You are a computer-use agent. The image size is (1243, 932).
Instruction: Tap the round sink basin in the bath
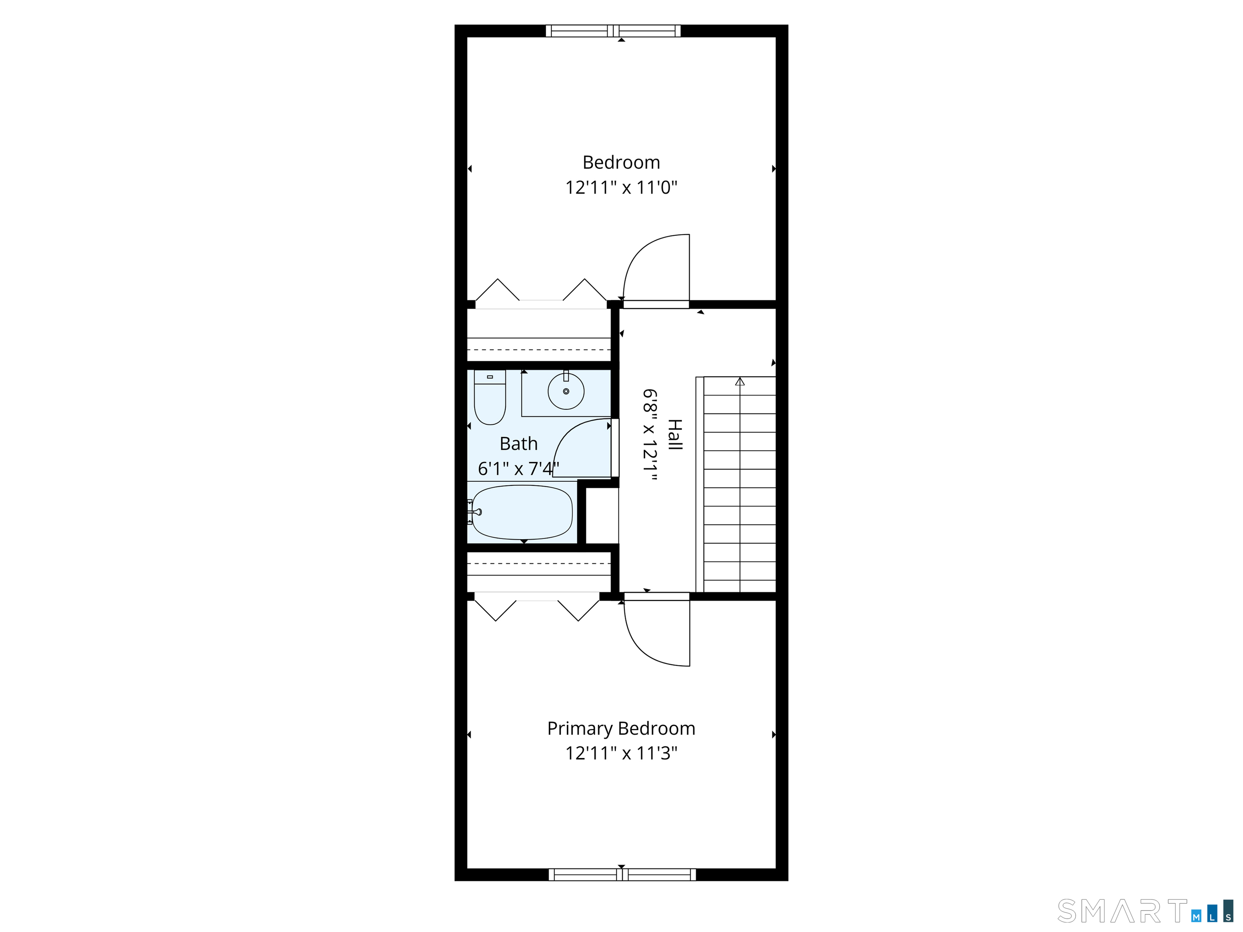click(x=566, y=391)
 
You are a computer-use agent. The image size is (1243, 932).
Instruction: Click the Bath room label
click(x=519, y=444)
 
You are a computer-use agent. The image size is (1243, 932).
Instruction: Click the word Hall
click(x=675, y=434)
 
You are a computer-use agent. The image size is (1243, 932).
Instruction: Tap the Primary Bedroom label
click(x=621, y=729)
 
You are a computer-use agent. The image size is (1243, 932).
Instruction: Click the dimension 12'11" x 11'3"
click(x=621, y=753)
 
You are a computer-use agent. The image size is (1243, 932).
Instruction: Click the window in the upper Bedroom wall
click(x=613, y=31)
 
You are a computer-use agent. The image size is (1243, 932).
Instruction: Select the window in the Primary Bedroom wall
click(x=622, y=875)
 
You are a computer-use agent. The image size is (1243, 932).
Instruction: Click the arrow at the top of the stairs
click(x=740, y=381)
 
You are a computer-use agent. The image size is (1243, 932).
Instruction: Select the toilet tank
click(x=490, y=377)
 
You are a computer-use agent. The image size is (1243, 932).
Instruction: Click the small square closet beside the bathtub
click(x=602, y=516)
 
